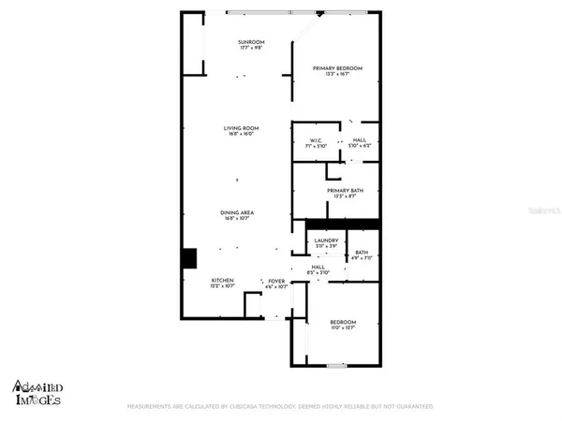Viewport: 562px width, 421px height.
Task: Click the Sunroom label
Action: tap(250, 42)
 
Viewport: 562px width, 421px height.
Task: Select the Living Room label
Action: tap(241, 128)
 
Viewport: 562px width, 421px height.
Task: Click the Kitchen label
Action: tap(222, 281)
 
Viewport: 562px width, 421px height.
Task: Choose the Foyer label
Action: tap(276, 281)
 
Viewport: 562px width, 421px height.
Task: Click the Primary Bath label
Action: tap(346, 191)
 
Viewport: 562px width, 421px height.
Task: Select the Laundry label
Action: tap(326, 240)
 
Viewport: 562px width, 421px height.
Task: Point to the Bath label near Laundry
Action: tap(361, 251)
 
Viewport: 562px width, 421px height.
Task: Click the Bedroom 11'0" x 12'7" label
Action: tap(344, 322)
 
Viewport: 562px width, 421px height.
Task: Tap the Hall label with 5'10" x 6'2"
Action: tap(360, 142)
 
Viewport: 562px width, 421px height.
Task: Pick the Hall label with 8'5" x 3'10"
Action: tap(318, 268)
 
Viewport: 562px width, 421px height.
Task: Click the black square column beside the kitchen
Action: tap(189, 256)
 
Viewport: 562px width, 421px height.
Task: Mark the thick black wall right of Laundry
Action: tap(361, 223)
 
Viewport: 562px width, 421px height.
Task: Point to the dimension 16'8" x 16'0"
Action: tap(241, 135)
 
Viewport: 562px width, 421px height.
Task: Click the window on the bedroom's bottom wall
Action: tap(344, 363)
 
